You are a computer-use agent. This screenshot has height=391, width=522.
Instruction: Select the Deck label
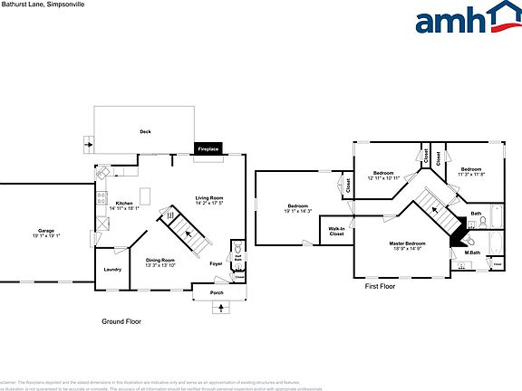click(x=145, y=132)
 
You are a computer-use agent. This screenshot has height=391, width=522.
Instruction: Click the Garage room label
click(x=45, y=231)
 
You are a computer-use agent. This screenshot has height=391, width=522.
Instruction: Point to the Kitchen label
click(x=124, y=204)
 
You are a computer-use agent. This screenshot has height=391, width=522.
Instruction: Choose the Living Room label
click(x=209, y=198)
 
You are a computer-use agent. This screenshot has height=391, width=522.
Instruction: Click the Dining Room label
click(x=162, y=261)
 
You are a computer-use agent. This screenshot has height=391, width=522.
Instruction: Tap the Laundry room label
click(x=112, y=269)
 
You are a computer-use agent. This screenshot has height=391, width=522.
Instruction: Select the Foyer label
click(x=217, y=263)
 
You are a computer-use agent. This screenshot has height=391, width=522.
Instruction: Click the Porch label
click(x=217, y=293)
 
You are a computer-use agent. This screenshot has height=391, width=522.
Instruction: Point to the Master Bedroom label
click(x=407, y=243)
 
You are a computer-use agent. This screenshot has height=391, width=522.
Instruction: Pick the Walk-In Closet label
click(x=336, y=231)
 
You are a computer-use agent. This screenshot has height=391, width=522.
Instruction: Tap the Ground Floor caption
click(x=121, y=321)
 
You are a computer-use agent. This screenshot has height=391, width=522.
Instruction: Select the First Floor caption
click(x=380, y=286)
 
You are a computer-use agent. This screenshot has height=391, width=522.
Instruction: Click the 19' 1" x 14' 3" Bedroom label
click(x=298, y=205)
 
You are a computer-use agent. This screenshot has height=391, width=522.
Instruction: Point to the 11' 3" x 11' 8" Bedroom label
click(x=470, y=170)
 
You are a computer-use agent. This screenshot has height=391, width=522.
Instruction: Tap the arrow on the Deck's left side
click(x=88, y=143)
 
